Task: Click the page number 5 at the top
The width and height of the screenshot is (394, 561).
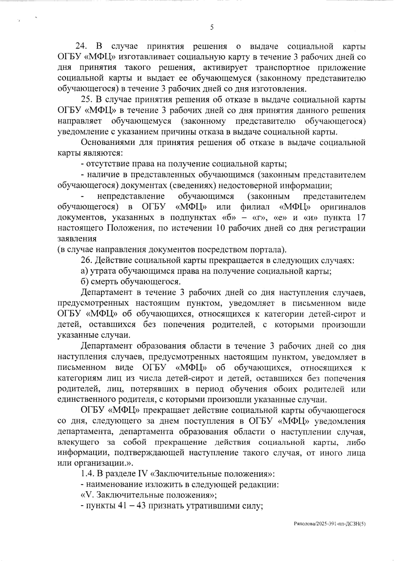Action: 212,27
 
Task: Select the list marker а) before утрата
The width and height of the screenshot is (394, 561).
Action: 84,271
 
